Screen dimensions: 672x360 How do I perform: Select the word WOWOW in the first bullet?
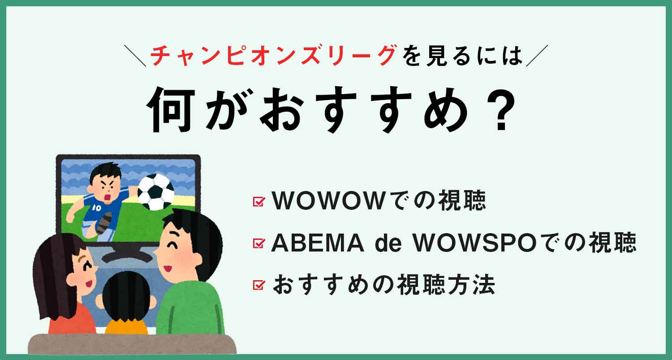[x=328, y=200]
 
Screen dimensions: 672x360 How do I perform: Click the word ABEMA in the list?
[x=318, y=243]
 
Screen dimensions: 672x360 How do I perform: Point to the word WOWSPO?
[x=474, y=243]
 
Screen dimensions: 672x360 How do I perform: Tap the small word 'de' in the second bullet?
[x=388, y=243]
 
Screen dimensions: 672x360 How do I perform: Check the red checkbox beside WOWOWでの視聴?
[x=259, y=201]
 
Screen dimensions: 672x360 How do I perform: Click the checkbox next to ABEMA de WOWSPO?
[x=259, y=243]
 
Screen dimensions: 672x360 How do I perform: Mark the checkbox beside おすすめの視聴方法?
[x=259, y=285]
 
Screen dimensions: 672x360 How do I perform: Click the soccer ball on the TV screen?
[x=156, y=192]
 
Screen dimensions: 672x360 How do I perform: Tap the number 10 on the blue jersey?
[x=97, y=208]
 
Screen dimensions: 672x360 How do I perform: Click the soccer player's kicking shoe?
[x=104, y=223]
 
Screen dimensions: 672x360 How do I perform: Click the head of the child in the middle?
[x=126, y=296]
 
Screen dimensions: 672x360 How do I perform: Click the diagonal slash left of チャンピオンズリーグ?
[x=135, y=56]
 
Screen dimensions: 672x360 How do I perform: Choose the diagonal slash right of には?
[x=537, y=56]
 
